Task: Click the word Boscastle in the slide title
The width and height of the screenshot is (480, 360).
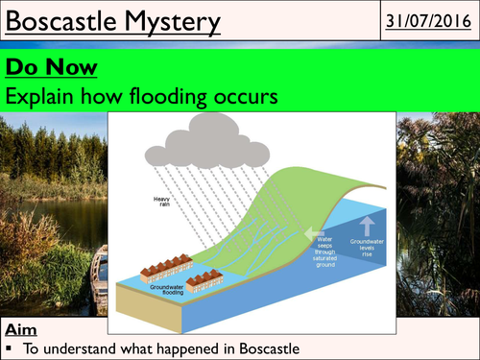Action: [65, 19]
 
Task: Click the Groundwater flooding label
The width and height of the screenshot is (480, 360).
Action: [170, 285]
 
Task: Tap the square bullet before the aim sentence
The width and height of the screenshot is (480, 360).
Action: [9, 348]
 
